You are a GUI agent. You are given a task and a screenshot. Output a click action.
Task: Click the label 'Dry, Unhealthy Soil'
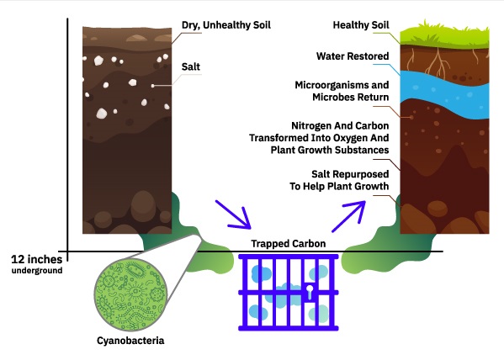(x=226, y=25)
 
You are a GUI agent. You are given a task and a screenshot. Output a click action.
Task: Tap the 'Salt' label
(x=191, y=66)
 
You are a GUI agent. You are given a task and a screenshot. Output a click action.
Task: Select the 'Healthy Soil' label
(x=361, y=25)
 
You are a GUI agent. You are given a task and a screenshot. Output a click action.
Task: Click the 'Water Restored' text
(x=353, y=56)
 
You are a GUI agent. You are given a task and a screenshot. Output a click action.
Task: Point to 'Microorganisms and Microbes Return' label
(x=342, y=91)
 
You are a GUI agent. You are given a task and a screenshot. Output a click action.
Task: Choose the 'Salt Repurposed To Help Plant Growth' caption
(x=339, y=180)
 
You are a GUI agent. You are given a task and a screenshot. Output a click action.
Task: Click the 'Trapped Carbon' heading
(x=289, y=243)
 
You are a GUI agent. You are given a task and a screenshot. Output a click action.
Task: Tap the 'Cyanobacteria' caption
(x=130, y=341)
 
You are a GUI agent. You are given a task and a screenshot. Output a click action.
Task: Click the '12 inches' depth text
(x=37, y=259)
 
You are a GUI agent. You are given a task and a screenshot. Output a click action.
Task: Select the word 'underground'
(x=37, y=270)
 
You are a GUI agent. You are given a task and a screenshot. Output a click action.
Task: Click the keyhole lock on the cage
(x=310, y=291)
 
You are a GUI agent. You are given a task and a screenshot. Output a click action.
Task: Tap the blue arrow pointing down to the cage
(x=233, y=215)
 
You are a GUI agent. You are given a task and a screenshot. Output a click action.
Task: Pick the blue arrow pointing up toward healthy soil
(x=348, y=216)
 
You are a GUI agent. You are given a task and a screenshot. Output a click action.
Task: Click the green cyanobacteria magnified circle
(x=130, y=294)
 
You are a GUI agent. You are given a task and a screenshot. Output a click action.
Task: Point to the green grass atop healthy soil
(x=444, y=35)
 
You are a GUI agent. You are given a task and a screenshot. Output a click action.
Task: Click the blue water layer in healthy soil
(x=444, y=94)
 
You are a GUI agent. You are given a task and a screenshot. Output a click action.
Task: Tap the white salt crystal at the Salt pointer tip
(x=153, y=86)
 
